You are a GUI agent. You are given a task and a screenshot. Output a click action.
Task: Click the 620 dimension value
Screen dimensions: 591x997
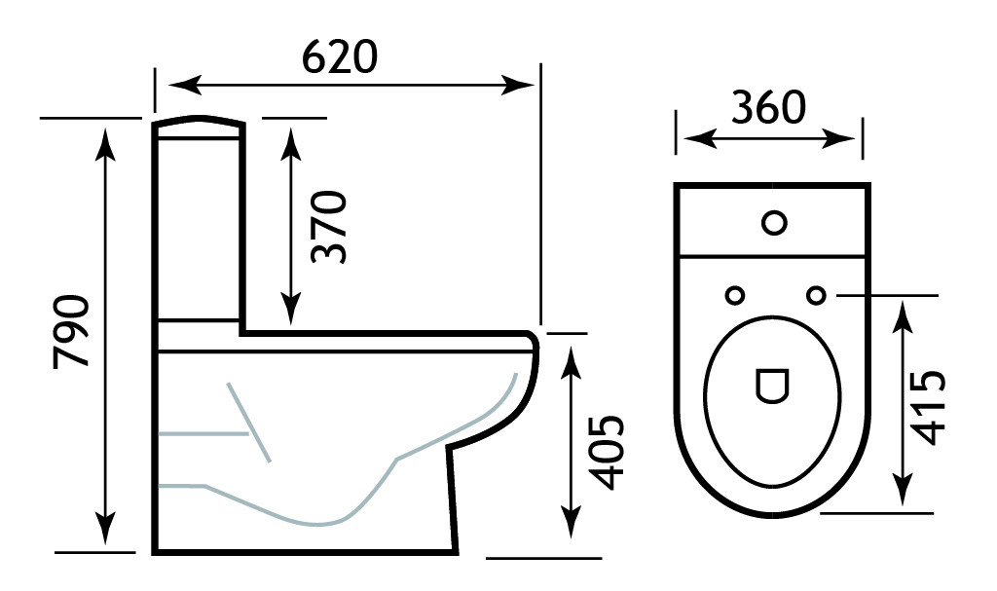pos(338,58)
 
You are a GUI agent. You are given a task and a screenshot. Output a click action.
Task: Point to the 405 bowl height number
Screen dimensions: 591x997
pos(608,453)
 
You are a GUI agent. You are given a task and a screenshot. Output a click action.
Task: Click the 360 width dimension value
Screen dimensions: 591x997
pos(769,108)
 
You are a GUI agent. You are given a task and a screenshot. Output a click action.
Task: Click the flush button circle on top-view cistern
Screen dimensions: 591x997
pos(774,223)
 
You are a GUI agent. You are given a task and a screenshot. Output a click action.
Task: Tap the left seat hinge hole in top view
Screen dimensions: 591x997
pos(734,294)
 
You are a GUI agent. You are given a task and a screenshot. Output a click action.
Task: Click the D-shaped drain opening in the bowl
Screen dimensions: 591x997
pos(770,386)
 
